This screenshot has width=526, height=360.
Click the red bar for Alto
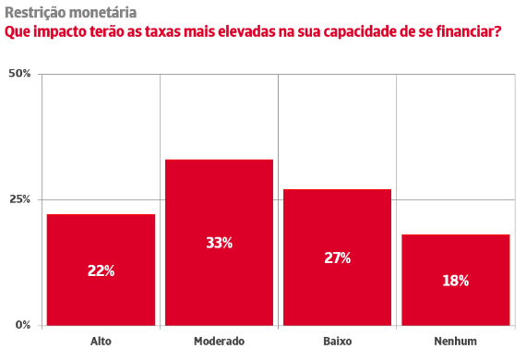(101, 270)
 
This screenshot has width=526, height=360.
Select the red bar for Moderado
(219, 242)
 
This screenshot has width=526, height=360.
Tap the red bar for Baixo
(337, 258)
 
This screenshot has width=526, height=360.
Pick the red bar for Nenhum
(456, 280)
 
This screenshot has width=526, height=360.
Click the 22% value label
(101, 270)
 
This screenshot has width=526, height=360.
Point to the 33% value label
(219, 243)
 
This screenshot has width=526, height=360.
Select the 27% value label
(338, 258)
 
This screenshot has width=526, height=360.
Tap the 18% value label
(456, 281)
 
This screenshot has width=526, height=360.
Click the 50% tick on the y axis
(19, 74)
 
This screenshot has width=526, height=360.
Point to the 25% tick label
(19, 199)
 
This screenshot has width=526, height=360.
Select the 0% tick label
(23, 325)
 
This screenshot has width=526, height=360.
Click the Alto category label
(101, 342)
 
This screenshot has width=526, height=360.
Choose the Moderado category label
(219, 342)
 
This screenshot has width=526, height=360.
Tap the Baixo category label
(338, 342)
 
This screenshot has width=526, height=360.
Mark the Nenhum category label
(456, 342)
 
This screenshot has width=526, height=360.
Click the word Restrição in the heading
(36, 14)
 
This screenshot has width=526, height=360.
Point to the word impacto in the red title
(59, 32)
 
